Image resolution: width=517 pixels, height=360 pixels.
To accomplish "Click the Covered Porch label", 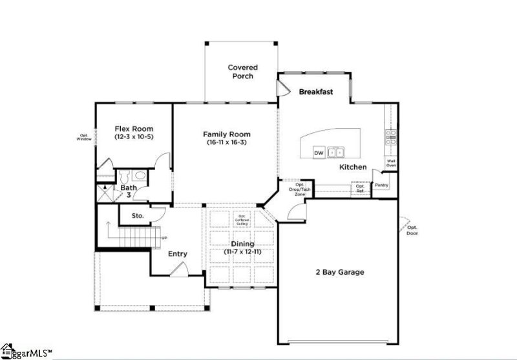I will (x=242, y=72).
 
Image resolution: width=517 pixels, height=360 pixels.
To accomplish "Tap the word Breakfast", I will (x=315, y=92).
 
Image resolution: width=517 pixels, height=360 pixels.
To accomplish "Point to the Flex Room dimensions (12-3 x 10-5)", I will (x=134, y=137).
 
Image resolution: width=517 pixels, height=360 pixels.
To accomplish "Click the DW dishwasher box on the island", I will (x=319, y=153).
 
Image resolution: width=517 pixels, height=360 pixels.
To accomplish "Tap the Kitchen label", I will (x=353, y=167).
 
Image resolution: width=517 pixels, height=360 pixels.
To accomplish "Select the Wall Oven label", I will (x=391, y=164).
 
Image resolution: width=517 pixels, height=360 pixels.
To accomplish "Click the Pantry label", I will (x=382, y=185).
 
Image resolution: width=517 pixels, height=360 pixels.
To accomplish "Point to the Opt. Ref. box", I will (x=361, y=188).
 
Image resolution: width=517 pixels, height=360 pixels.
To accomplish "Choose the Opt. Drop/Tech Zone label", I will (x=300, y=189).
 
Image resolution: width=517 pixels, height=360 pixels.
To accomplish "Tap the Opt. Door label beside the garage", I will (x=412, y=230).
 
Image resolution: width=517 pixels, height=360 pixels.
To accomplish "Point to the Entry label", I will (x=178, y=254).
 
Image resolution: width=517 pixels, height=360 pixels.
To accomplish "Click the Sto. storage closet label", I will (x=137, y=216).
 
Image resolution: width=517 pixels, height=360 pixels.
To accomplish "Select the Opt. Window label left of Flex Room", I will (x=83, y=138).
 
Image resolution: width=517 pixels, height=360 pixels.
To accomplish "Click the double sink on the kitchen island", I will (x=335, y=153).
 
